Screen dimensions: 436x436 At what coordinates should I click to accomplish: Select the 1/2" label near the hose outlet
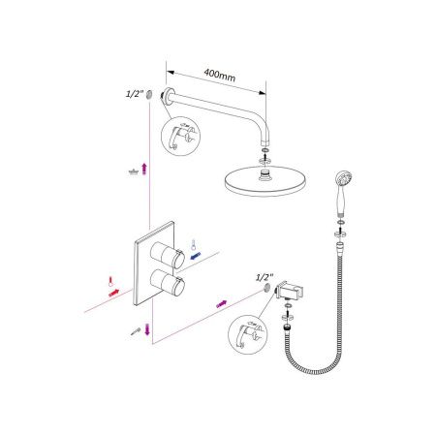pyautogui.click(x=265, y=276)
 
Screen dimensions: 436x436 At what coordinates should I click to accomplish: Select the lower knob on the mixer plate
pyautogui.click(x=176, y=285)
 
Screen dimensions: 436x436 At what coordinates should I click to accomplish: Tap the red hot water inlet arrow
pyautogui.click(x=114, y=292)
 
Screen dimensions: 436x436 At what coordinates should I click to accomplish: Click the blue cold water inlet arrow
pyautogui.click(x=197, y=257)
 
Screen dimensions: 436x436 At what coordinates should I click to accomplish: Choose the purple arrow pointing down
pyautogui.click(x=147, y=334)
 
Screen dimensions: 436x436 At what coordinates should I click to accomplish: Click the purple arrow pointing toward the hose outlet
pyautogui.click(x=221, y=304)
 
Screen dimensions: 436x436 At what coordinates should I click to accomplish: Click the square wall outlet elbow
pyautogui.click(x=288, y=293)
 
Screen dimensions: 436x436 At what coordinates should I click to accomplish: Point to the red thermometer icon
pyautogui.click(x=111, y=280)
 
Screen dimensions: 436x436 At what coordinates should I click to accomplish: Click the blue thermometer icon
pyautogui.click(x=194, y=243)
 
